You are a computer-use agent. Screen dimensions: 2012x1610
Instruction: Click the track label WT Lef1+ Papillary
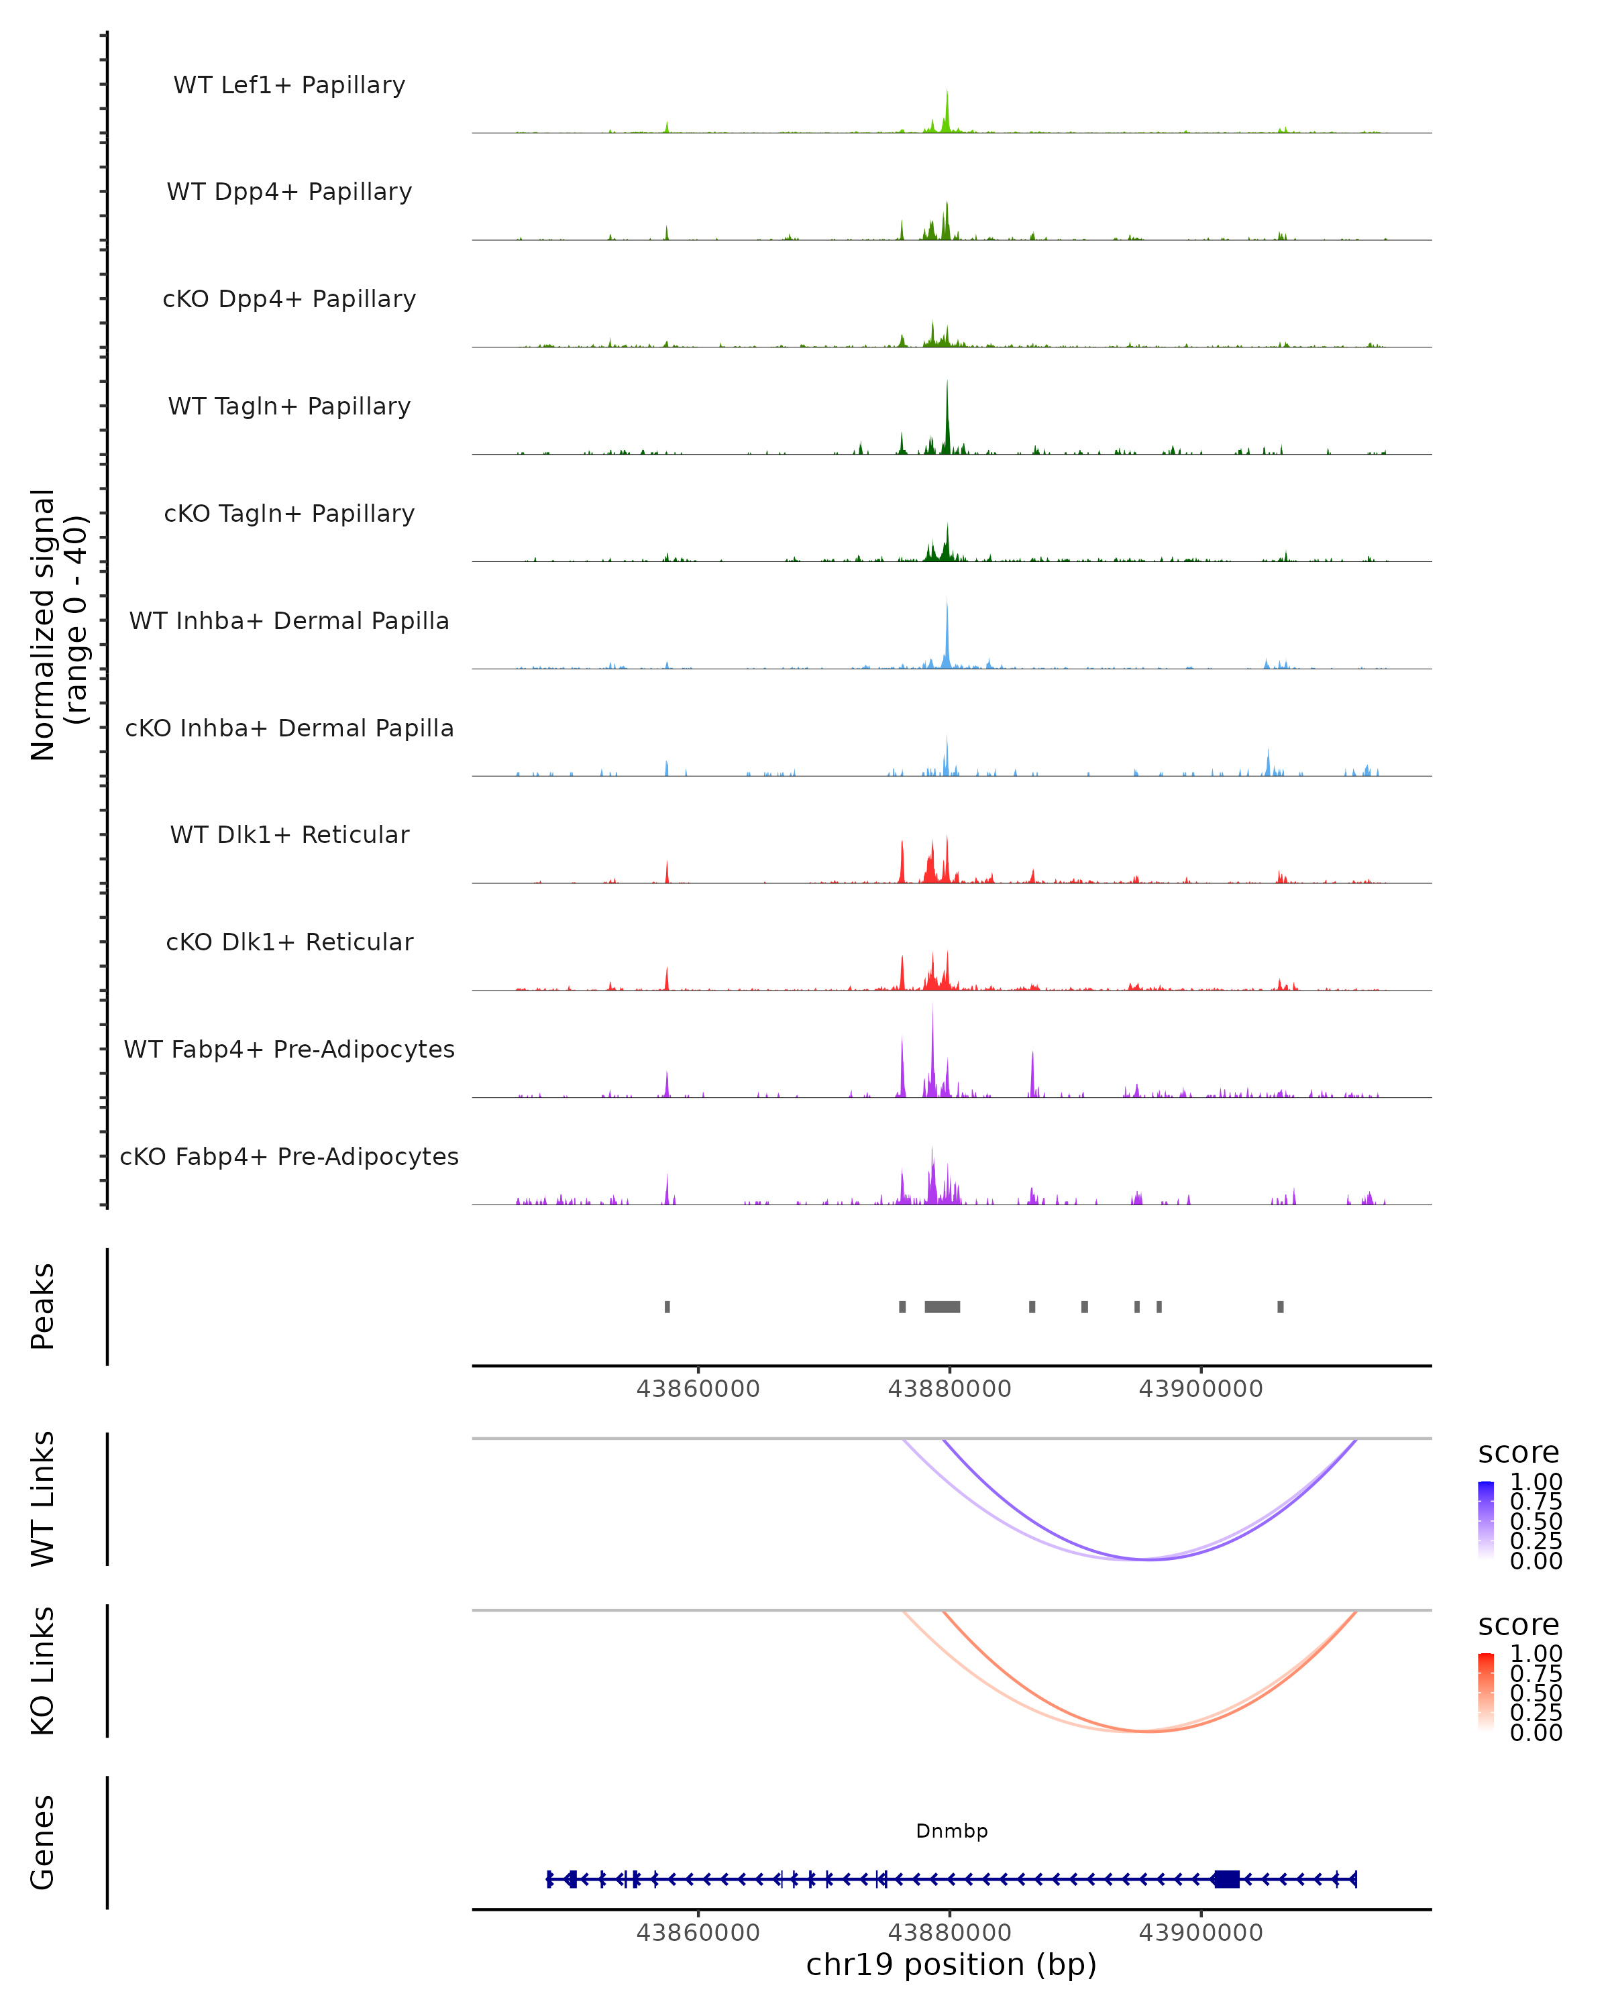point(289,85)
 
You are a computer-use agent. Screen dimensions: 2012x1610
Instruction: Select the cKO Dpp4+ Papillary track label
point(289,300)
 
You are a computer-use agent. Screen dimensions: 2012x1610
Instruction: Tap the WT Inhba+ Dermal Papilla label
point(289,622)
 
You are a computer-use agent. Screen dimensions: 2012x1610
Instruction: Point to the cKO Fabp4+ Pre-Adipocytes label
point(289,1157)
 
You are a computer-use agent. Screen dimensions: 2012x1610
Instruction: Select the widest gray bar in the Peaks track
point(942,1306)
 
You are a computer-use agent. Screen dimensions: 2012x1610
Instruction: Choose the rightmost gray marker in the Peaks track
point(1281,1306)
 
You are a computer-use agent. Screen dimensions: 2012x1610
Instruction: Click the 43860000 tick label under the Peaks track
point(698,1389)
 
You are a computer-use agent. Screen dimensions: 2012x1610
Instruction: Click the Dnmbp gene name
point(951,1831)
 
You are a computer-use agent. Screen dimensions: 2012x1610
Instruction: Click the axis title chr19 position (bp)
point(951,1965)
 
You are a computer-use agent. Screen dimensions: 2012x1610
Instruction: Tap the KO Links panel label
point(43,1671)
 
